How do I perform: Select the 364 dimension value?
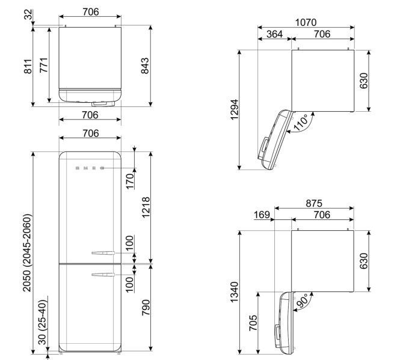coord(274,35)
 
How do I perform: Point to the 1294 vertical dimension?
coord(235,110)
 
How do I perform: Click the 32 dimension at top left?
coord(28,15)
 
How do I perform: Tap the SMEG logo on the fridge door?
coord(90,168)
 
